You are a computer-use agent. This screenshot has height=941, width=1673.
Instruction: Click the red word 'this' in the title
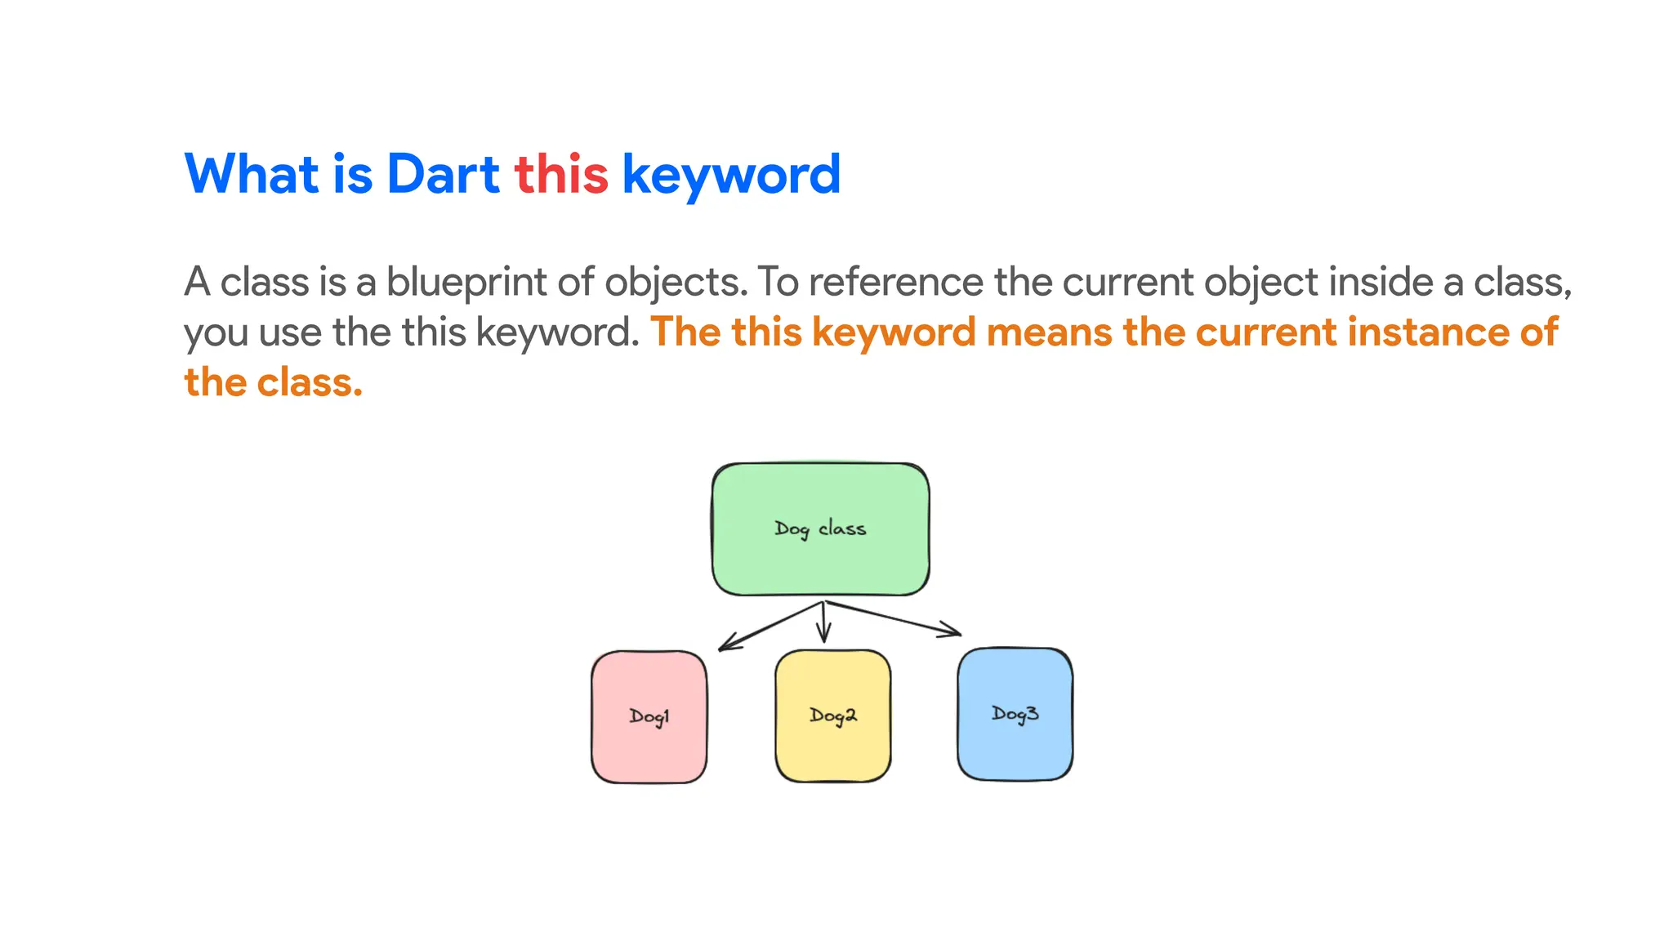[x=561, y=174]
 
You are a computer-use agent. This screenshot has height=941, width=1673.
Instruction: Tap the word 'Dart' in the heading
[x=442, y=174]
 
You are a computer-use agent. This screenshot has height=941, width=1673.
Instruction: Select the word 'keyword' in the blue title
[x=731, y=174]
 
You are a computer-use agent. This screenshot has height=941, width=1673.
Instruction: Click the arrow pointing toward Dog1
[x=768, y=627]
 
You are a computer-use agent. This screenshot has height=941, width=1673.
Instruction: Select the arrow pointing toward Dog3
[x=894, y=618]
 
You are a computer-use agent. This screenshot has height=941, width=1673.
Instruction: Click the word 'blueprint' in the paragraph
[x=466, y=282]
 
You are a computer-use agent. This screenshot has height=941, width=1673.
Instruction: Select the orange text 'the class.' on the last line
[x=273, y=382]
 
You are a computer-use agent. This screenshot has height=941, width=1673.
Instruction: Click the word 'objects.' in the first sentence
[x=676, y=282]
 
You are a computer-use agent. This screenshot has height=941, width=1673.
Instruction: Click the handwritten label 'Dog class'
[x=819, y=529]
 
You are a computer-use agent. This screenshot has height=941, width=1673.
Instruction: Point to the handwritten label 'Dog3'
[x=1015, y=714]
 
